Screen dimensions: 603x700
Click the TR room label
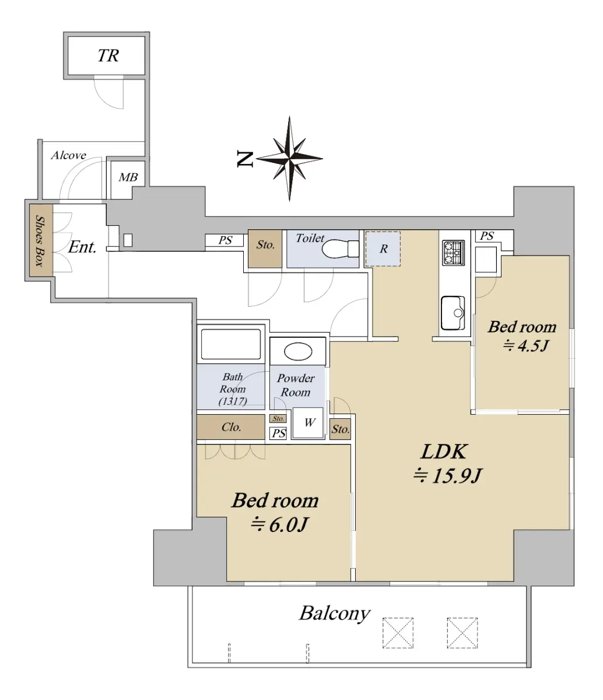pos(108,55)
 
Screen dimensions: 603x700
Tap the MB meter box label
pos(128,177)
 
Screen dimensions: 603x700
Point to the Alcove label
pos(68,155)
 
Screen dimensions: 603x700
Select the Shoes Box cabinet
pos(41,240)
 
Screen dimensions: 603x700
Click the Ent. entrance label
pos(82,247)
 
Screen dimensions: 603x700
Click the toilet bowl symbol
pos(340,249)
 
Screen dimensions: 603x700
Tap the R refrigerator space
pos(383,249)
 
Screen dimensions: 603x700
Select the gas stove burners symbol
pos(453,253)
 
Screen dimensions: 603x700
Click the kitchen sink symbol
pos(453,313)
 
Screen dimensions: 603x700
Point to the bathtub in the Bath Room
pos(231,344)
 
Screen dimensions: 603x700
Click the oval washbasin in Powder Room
pos(298,352)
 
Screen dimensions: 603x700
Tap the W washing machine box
pos(308,423)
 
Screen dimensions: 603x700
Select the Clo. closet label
pos(232,427)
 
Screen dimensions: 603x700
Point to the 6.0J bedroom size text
pos(279,525)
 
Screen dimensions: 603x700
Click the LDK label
pos(444,452)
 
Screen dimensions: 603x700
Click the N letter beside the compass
pos(245,159)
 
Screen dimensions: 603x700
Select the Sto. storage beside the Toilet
pos(265,249)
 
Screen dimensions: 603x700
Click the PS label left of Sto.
pos(225,240)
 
